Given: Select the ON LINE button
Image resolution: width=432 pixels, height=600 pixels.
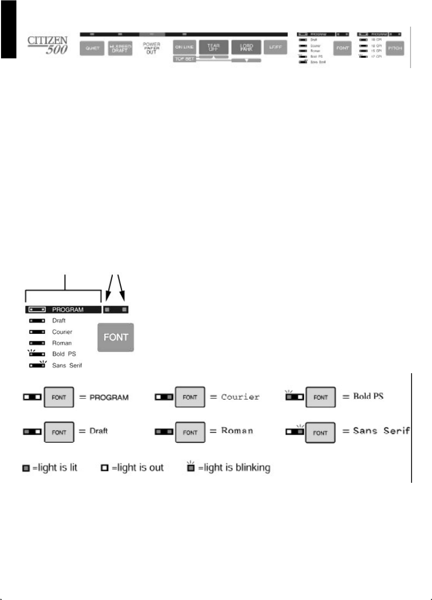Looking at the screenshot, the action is [x=184, y=48].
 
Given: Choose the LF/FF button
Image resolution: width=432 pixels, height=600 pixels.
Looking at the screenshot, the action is [x=273, y=48].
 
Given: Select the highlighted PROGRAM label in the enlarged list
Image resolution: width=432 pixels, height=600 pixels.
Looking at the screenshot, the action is [x=68, y=309].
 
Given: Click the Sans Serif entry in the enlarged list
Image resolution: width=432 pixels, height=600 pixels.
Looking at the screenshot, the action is [x=67, y=365].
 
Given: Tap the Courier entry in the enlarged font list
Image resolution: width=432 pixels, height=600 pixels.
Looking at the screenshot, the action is [x=62, y=332].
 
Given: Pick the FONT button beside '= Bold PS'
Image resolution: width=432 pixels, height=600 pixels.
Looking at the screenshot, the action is [x=320, y=397].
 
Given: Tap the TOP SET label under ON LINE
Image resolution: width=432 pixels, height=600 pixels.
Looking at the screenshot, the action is [x=183, y=60].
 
